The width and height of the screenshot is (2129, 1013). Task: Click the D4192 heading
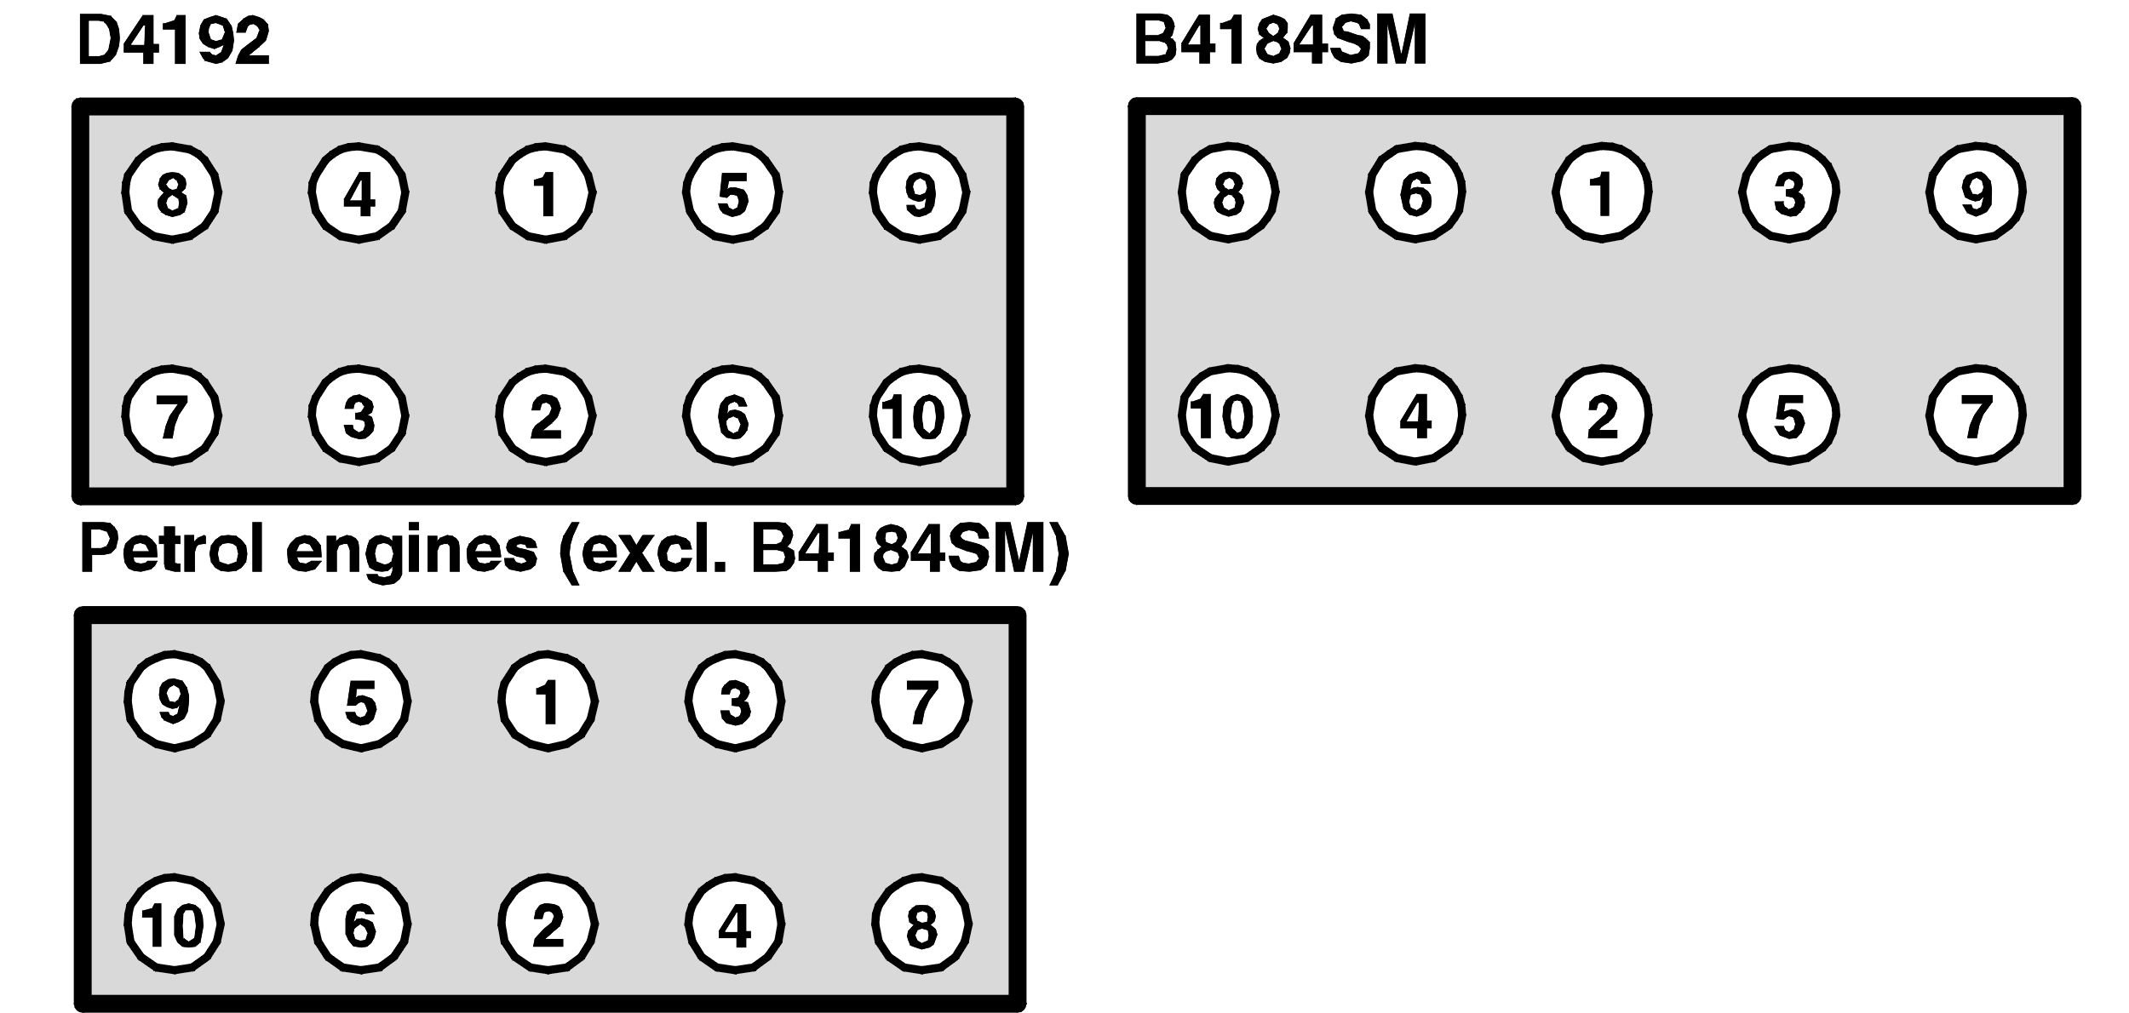(x=174, y=42)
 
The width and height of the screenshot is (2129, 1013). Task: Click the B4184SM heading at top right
(x=1280, y=41)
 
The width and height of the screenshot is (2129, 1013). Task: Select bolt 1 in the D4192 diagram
(x=546, y=193)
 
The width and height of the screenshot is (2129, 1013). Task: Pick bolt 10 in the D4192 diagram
(x=920, y=415)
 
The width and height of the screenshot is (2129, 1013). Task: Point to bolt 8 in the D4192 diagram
(x=172, y=193)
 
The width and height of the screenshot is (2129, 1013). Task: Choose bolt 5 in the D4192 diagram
(x=732, y=193)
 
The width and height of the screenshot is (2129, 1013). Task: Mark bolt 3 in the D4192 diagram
(x=359, y=415)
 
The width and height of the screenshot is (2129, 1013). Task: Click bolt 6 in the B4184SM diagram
(x=1415, y=193)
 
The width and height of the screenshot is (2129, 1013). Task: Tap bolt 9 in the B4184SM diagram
(x=1976, y=193)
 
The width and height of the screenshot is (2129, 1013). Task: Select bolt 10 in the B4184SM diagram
(x=1228, y=415)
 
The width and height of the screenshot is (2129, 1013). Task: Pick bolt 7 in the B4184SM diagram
(x=1976, y=415)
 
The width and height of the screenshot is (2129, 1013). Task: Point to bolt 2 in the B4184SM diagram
(x=1602, y=415)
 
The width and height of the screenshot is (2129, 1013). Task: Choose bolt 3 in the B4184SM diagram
(x=1788, y=193)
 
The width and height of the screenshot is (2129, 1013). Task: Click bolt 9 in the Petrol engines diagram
(x=175, y=701)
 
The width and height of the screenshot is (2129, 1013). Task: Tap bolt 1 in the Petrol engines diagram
(x=548, y=701)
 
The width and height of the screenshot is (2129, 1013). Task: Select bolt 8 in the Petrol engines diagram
(x=921, y=924)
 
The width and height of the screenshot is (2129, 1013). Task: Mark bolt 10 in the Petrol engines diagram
(x=175, y=924)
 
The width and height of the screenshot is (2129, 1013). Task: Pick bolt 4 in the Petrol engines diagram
(x=735, y=924)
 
